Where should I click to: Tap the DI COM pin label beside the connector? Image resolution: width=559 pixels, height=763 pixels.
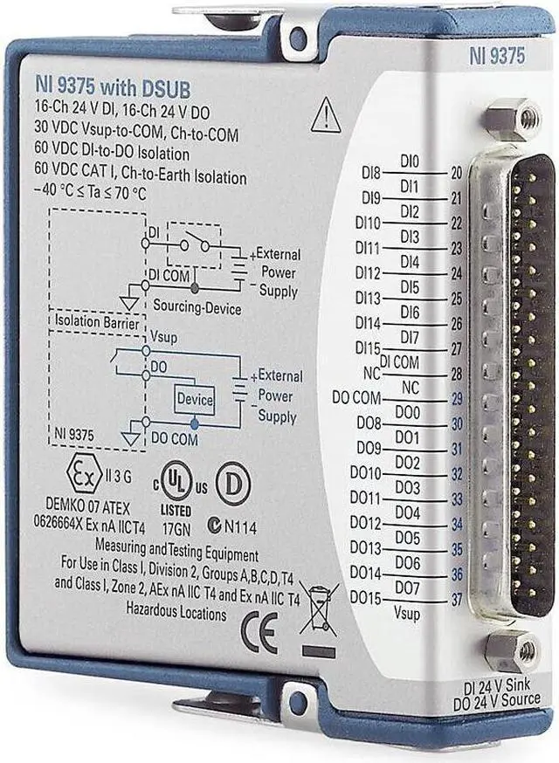399,361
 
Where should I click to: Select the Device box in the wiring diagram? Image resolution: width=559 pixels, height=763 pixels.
195,399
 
